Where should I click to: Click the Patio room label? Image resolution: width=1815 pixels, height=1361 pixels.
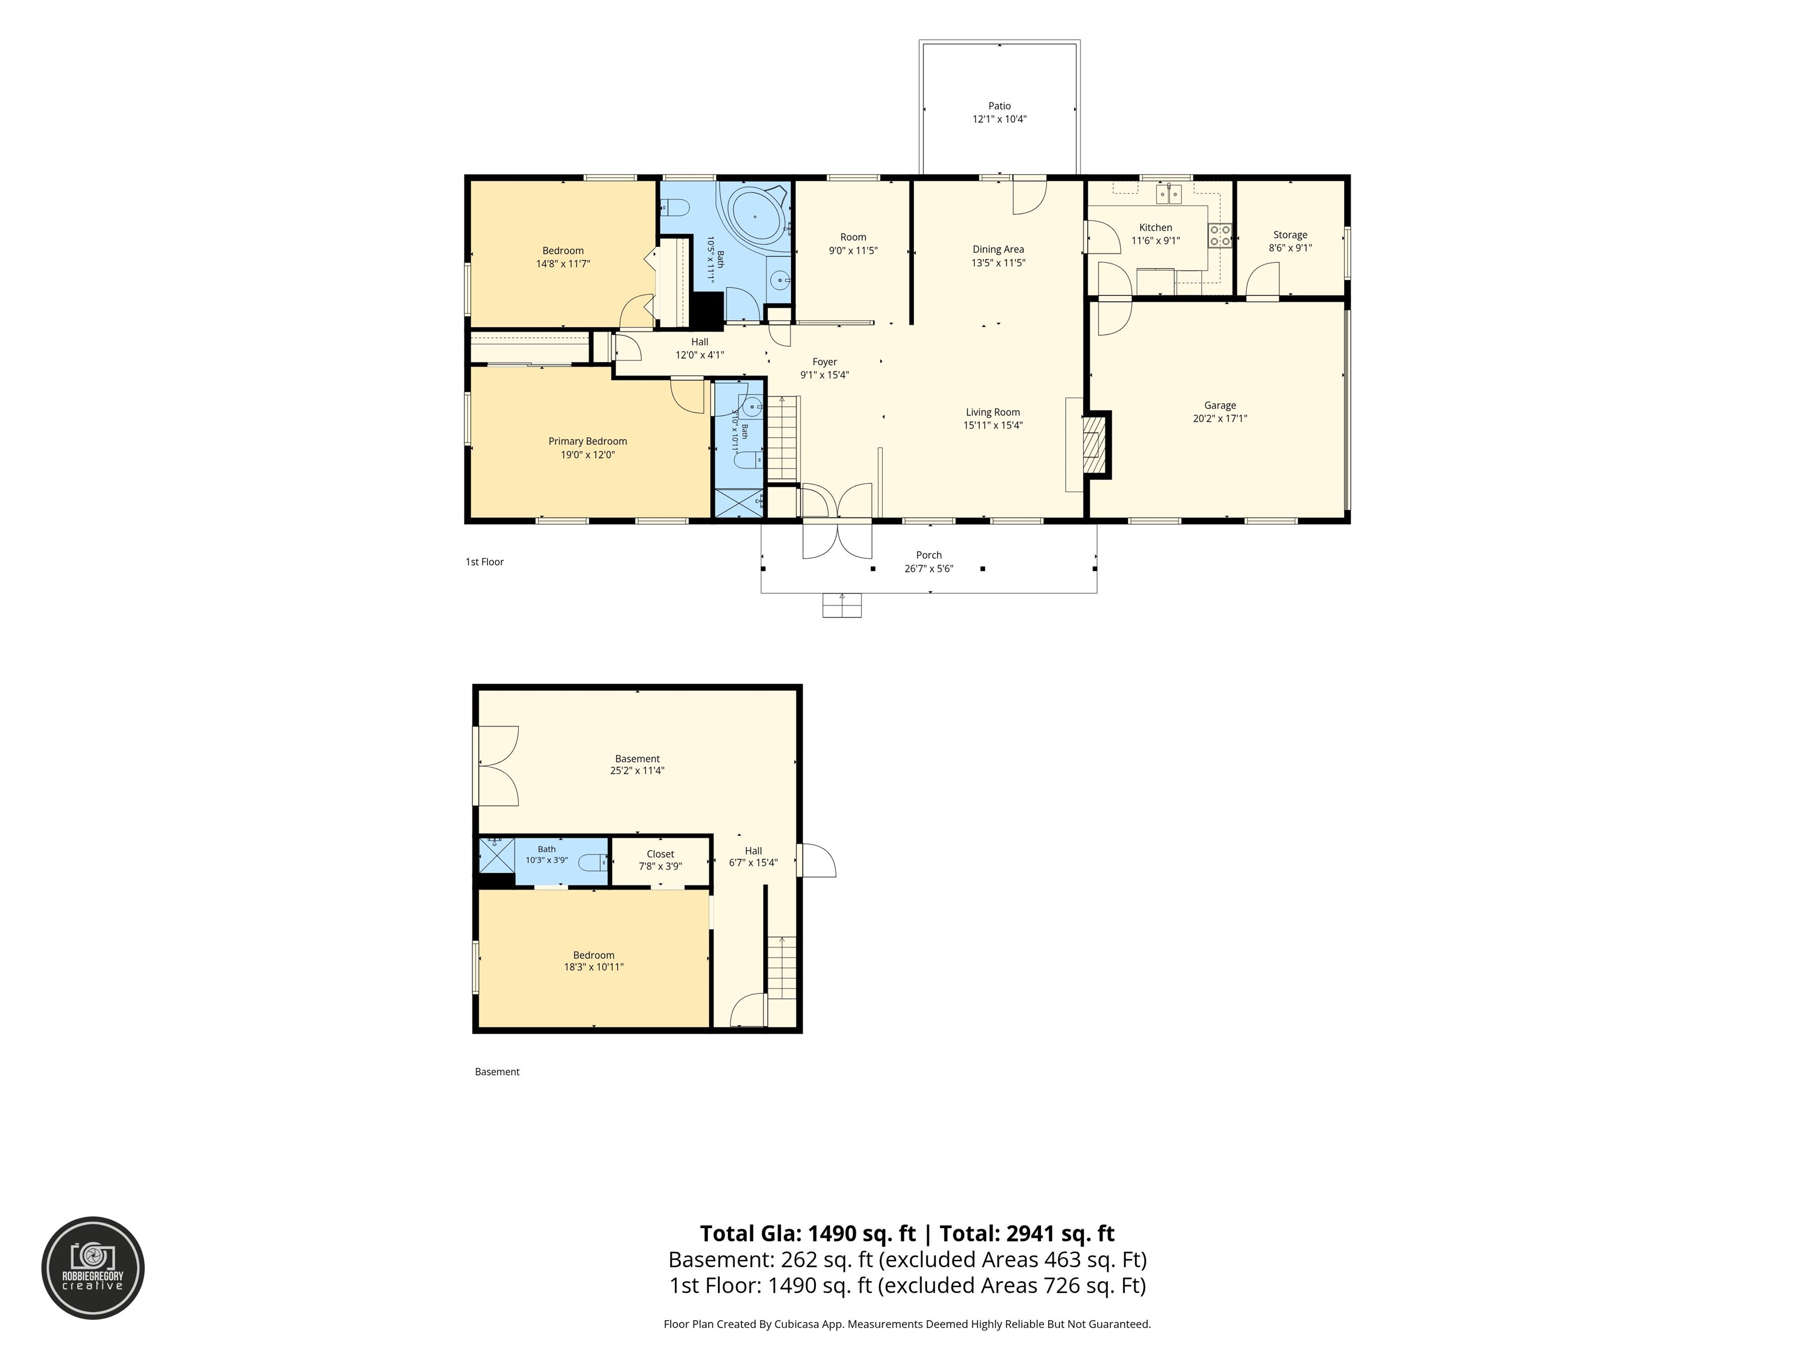[1000, 106]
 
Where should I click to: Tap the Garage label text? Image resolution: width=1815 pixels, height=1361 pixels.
[1220, 405]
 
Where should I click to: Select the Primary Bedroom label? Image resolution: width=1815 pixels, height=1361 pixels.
[587, 441]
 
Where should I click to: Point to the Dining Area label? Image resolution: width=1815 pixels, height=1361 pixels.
[998, 249]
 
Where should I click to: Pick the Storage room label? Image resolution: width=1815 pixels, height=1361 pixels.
[1290, 235]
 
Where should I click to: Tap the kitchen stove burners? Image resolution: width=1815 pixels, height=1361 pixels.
[1220, 236]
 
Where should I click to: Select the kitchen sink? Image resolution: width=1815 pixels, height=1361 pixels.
[1169, 194]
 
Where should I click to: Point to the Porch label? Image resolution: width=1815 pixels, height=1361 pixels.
[929, 555]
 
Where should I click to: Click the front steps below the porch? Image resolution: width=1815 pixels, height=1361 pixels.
[842, 605]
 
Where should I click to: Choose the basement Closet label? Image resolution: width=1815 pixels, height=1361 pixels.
[661, 854]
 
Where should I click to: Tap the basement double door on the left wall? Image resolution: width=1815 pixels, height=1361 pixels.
[496, 766]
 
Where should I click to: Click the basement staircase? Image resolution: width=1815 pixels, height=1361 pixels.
[782, 968]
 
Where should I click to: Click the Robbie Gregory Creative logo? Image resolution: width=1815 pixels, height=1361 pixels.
[93, 1268]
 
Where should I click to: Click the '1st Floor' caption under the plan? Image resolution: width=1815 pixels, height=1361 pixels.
[485, 562]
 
